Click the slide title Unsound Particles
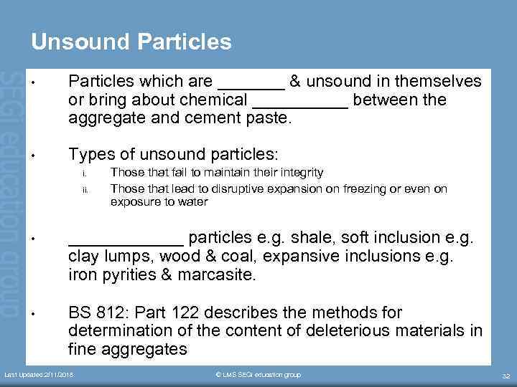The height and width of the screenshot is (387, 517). point(131,42)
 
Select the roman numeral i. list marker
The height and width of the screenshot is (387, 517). point(84,173)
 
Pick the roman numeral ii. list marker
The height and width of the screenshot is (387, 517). point(84,189)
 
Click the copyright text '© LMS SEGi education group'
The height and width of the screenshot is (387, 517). point(258,375)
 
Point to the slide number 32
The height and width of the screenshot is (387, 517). point(504,376)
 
